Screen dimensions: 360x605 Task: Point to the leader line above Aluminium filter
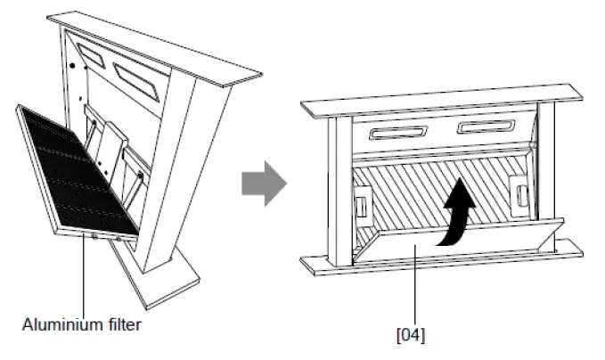coord(82,276)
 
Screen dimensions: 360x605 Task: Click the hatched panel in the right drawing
coord(419,192)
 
